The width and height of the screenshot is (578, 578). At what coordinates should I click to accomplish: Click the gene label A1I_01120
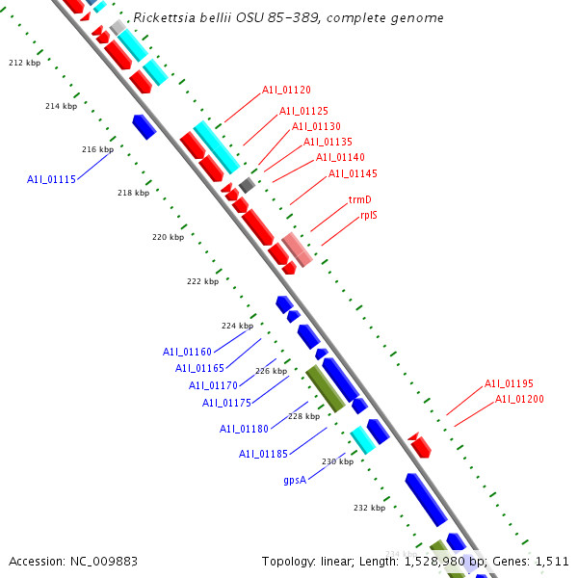(286, 90)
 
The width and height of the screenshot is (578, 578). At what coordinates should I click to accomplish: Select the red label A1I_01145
(353, 173)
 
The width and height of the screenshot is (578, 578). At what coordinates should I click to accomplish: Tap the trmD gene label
(359, 200)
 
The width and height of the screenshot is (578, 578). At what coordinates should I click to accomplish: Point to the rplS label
(369, 215)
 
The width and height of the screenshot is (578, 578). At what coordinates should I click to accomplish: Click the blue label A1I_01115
(51, 179)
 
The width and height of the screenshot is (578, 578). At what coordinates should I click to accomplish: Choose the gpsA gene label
(295, 479)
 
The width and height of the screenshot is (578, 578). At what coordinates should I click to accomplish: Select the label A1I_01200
(519, 399)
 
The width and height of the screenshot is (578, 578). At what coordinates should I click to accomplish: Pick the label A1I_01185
(263, 454)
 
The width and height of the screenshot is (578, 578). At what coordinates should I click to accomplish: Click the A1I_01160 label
(187, 352)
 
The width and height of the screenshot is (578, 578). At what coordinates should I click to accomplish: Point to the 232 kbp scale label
(369, 508)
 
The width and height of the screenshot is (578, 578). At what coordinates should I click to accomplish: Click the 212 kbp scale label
(24, 63)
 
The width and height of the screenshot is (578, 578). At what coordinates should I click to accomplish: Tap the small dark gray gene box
(248, 185)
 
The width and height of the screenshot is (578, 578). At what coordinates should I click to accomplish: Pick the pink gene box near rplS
(297, 249)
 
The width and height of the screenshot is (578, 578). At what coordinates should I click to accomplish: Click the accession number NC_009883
(92, 560)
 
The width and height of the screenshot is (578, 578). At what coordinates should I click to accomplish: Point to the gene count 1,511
(552, 560)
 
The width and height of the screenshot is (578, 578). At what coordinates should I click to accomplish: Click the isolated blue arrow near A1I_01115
(144, 126)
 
